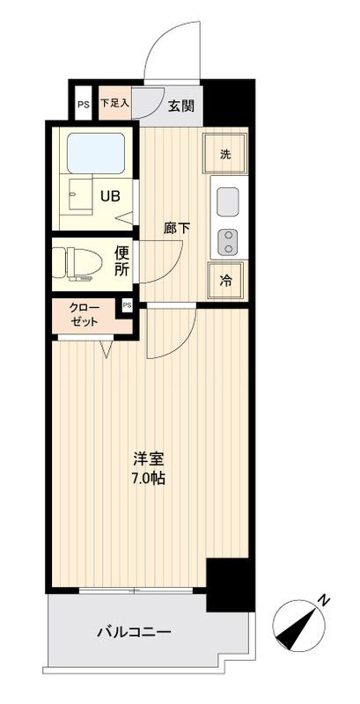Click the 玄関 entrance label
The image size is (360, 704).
(x=181, y=106)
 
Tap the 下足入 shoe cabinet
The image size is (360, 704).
(x=114, y=103)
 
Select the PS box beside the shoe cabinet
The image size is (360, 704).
(x=84, y=104)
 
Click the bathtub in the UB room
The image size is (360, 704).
(x=96, y=153)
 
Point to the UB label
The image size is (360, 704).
(x=110, y=196)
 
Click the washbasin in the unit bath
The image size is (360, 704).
(x=80, y=194)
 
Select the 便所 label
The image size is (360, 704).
(x=122, y=262)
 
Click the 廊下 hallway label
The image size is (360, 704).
(x=176, y=229)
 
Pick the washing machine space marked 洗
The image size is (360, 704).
(x=224, y=153)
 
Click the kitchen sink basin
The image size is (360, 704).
(x=228, y=202)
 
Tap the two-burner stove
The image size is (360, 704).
(x=229, y=241)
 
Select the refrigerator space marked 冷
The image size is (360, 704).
(x=226, y=281)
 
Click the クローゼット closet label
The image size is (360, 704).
(x=84, y=315)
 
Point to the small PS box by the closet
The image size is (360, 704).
(x=127, y=305)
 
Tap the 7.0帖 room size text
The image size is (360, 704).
(x=149, y=479)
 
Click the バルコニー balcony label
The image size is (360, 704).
(x=134, y=633)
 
